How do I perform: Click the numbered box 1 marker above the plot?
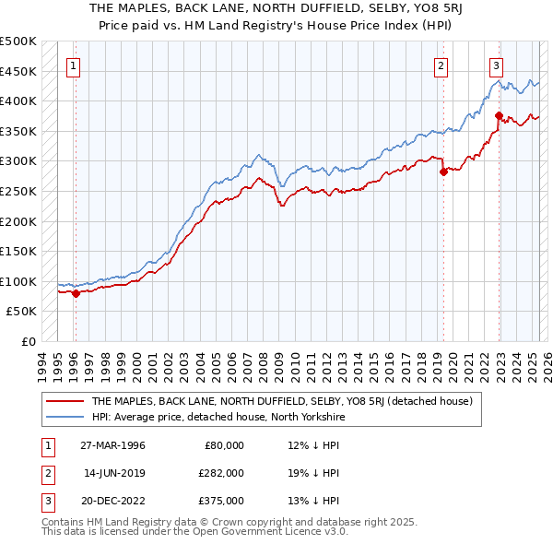[73, 65]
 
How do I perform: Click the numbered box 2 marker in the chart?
[441, 65]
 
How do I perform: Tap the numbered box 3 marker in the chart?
[496, 65]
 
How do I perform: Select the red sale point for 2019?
[443, 171]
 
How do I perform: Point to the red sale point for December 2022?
[499, 116]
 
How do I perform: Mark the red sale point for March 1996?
[76, 293]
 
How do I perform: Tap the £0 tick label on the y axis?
[29, 341]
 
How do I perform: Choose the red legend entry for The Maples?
[282, 401]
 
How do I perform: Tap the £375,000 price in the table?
[221, 501]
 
